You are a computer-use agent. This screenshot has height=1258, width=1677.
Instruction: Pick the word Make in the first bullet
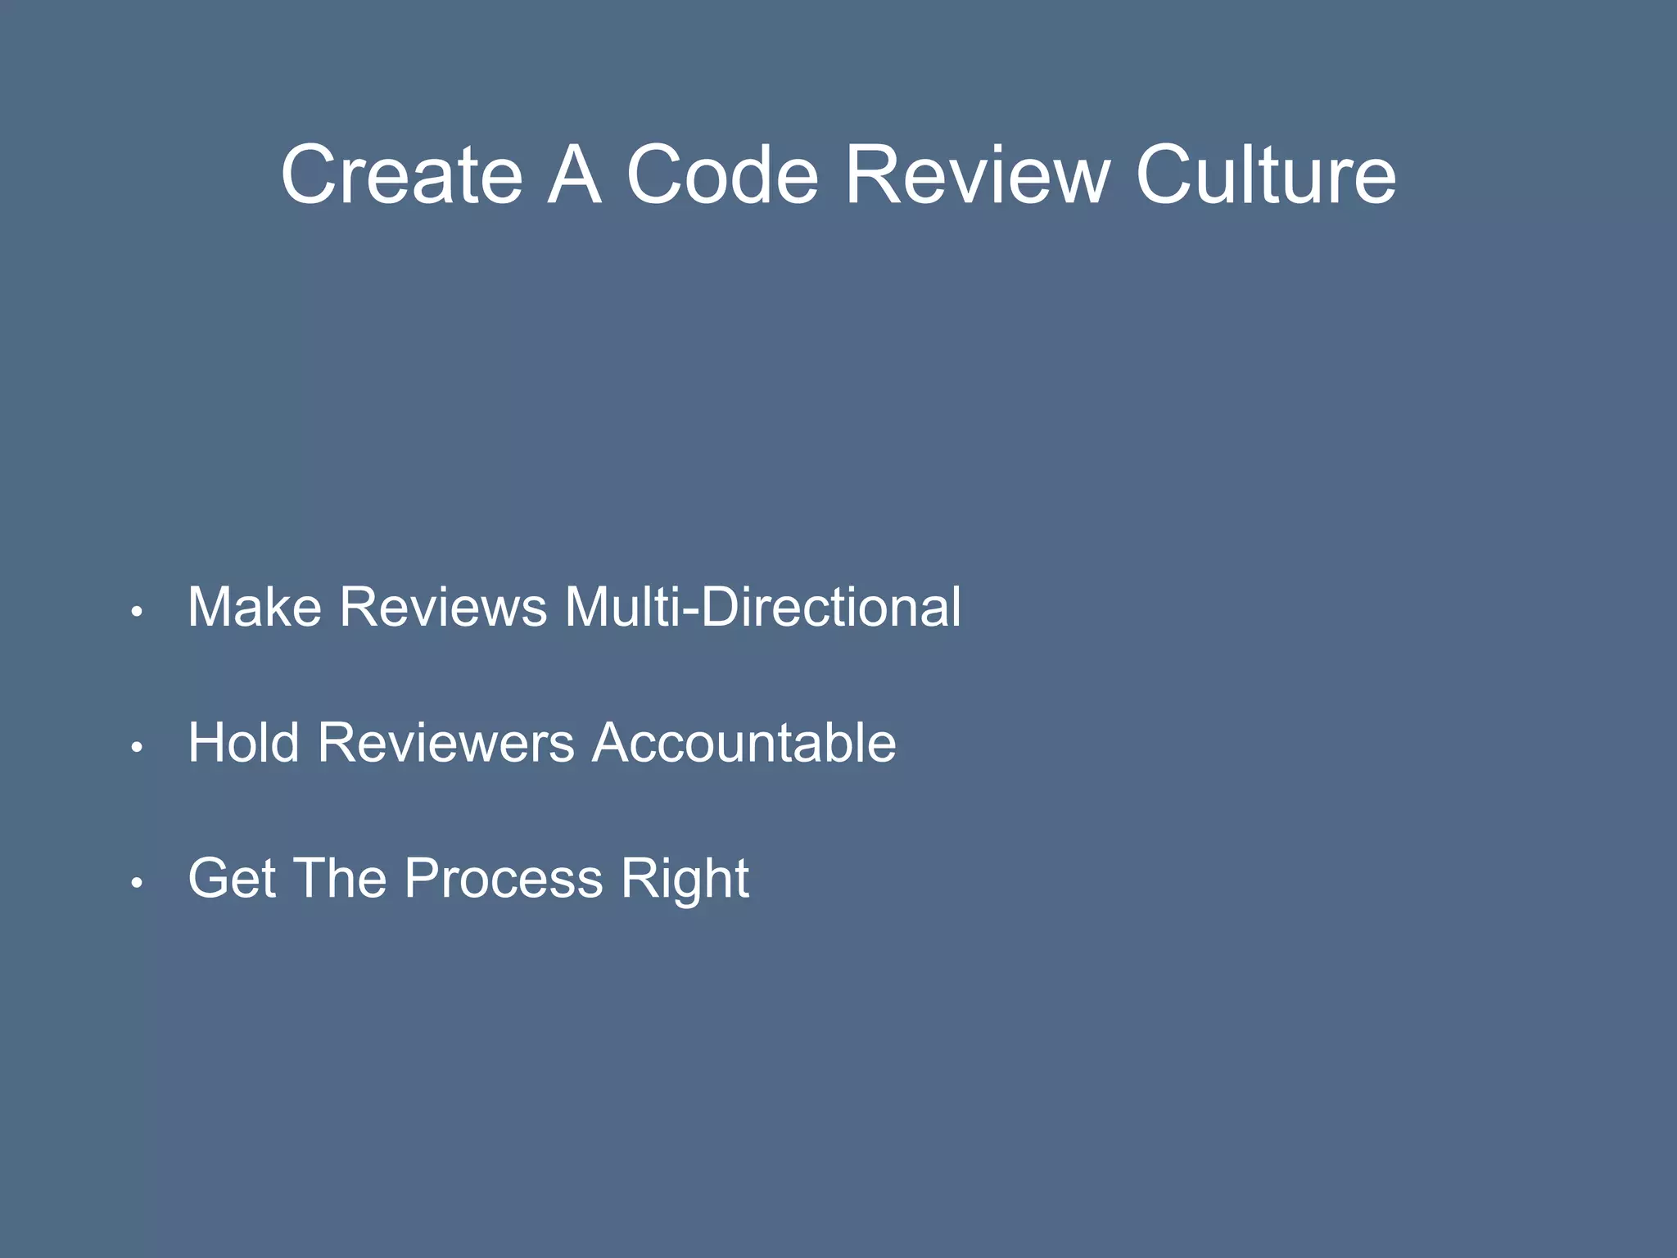click(255, 607)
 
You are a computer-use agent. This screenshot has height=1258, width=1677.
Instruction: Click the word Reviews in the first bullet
click(443, 607)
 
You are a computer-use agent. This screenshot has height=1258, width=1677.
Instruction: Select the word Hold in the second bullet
click(243, 743)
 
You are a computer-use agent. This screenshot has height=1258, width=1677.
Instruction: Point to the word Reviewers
click(446, 743)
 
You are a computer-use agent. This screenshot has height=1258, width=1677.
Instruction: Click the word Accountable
click(744, 743)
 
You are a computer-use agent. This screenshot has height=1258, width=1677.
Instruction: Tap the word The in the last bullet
click(339, 878)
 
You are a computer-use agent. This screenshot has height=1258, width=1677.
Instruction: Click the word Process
click(504, 878)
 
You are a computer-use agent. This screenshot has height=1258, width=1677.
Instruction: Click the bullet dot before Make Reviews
click(138, 612)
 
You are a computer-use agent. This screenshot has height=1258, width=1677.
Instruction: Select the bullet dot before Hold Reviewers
click(138, 747)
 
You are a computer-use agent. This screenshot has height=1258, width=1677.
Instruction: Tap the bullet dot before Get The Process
click(138, 883)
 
